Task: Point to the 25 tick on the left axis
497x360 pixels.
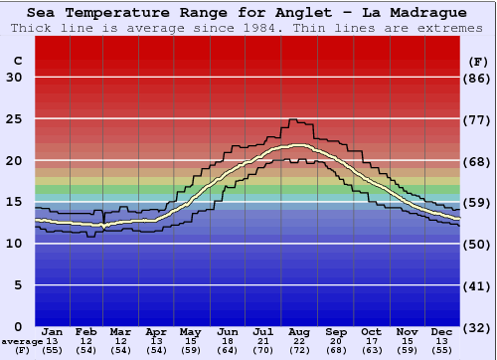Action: point(14,118)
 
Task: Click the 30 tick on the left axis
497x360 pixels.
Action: point(14,78)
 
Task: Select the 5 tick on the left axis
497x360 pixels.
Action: point(19,285)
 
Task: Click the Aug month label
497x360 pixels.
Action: point(298,331)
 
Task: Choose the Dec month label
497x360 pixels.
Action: point(442,331)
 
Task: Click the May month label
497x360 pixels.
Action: point(190,331)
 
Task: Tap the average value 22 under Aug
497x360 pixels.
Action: point(298,341)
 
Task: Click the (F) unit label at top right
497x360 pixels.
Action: point(478,61)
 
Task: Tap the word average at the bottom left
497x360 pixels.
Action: point(22,341)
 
